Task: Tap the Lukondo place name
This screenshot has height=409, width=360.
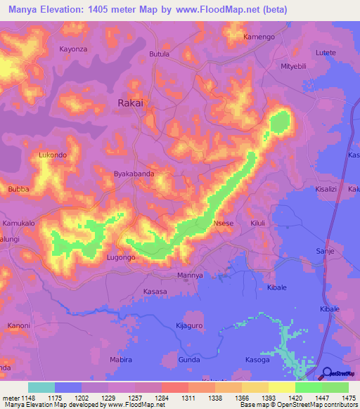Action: [x=53, y=155]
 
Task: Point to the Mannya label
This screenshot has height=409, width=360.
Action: [x=190, y=275]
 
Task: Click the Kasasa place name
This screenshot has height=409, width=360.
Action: [x=155, y=292]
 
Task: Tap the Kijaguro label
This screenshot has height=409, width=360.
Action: [x=188, y=327]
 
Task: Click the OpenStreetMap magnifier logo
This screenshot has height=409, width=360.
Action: [x=327, y=373]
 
